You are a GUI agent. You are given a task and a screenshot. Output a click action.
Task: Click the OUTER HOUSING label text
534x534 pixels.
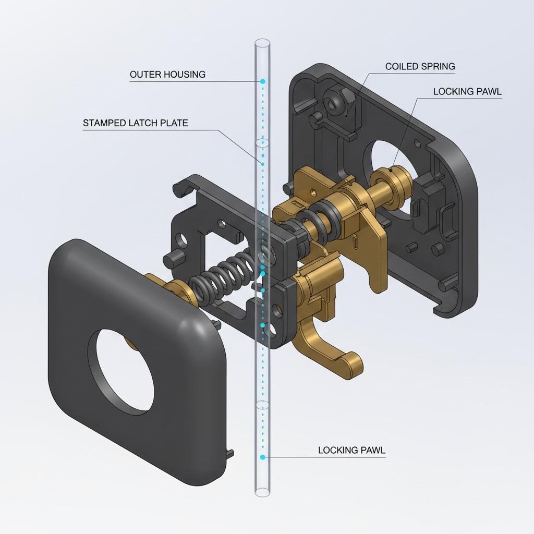click(x=167, y=75)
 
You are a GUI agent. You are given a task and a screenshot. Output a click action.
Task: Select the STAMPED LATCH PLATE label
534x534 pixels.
click(x=135, y=124)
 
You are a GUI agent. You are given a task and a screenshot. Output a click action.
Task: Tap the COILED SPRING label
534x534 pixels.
click(x=420, y=67)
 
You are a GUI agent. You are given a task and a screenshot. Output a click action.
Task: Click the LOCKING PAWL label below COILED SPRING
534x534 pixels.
click(x=467, y=92)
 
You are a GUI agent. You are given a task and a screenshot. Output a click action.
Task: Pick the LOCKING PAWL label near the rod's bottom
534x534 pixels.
click(x=352, y=450)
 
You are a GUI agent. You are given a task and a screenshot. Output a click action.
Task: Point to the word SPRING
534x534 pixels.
click(x=439, y=67)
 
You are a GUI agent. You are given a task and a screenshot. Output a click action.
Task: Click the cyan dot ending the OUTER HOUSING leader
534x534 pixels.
click(x=263, y=82)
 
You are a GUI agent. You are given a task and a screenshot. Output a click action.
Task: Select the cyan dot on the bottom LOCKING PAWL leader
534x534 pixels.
click(x=263, y=457)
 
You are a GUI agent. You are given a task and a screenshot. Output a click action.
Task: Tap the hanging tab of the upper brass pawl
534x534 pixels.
click(x=377, y=271)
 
